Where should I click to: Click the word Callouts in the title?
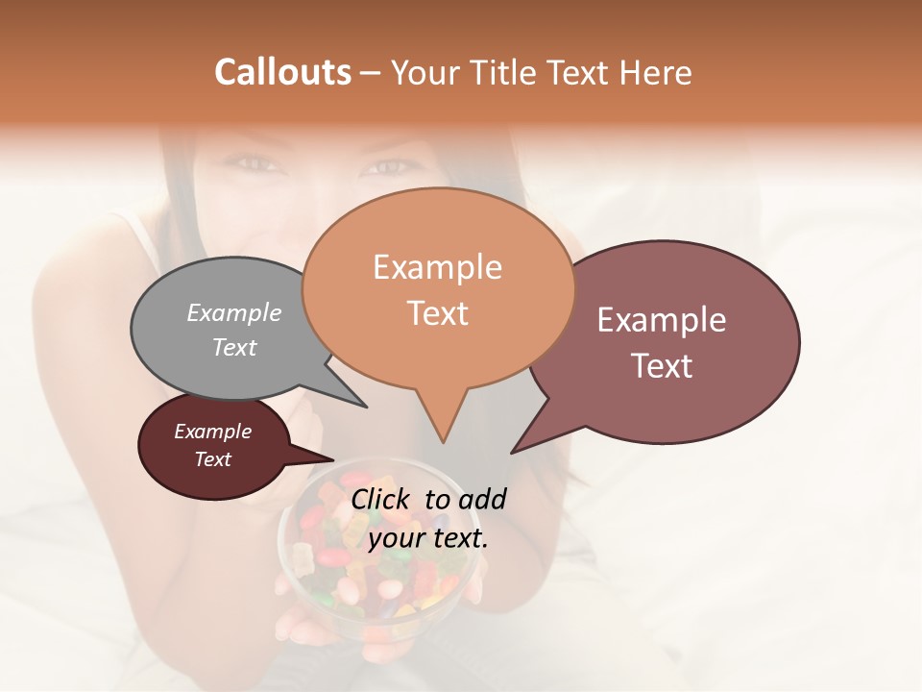click(282, 72)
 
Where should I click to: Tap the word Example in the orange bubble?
click(437, 267)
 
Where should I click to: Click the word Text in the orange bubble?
click(437, 313)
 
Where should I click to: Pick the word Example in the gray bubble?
click(234, 312)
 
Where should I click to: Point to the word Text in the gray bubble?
click(234, 347)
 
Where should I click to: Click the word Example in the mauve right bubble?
click(662, 320)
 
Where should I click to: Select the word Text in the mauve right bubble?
click(662, 366)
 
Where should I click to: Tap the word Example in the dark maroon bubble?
click(213, 432)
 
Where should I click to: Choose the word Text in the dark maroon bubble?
click(213, 459)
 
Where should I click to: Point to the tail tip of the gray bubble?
click(365, 406)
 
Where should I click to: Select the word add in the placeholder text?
click(482, 499)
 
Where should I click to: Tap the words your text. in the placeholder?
click(428, 538)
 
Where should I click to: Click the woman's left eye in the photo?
click(386, 167)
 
